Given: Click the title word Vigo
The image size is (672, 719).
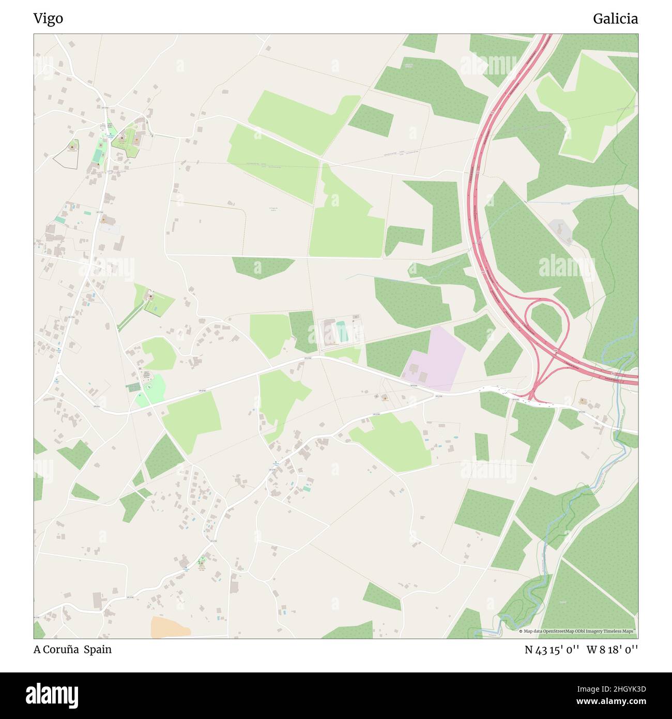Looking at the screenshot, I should click(48, 19).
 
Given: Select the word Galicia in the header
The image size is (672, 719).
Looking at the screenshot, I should click(615, 19).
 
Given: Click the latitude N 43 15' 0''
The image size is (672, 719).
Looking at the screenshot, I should click(552, 650).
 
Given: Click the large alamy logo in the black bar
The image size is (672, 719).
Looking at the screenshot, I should click(53, 695).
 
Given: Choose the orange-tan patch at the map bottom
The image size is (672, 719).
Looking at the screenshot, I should click(170, 627).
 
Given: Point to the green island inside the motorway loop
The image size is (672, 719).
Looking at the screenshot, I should click(546, 322).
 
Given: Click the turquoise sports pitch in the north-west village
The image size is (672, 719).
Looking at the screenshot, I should click(98, 151).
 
